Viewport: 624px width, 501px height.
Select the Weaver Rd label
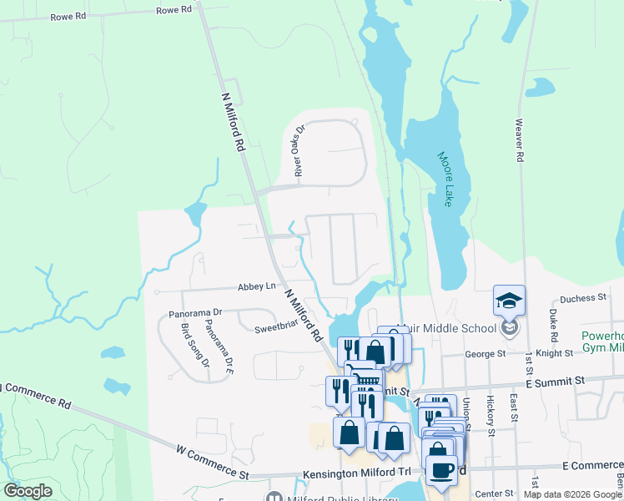[x=519, y=139]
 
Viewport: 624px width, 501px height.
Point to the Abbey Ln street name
[x=256, y=286]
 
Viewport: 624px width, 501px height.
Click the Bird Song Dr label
[x=195, y=342]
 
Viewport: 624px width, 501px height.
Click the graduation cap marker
[x=510, y=301]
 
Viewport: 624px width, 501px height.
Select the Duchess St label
[x=582, y=298]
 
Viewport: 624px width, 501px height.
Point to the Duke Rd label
[x=553, y=325]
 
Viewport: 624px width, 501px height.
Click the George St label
[x=486, y=354]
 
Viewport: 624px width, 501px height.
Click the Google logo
[x=28, y=491]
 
